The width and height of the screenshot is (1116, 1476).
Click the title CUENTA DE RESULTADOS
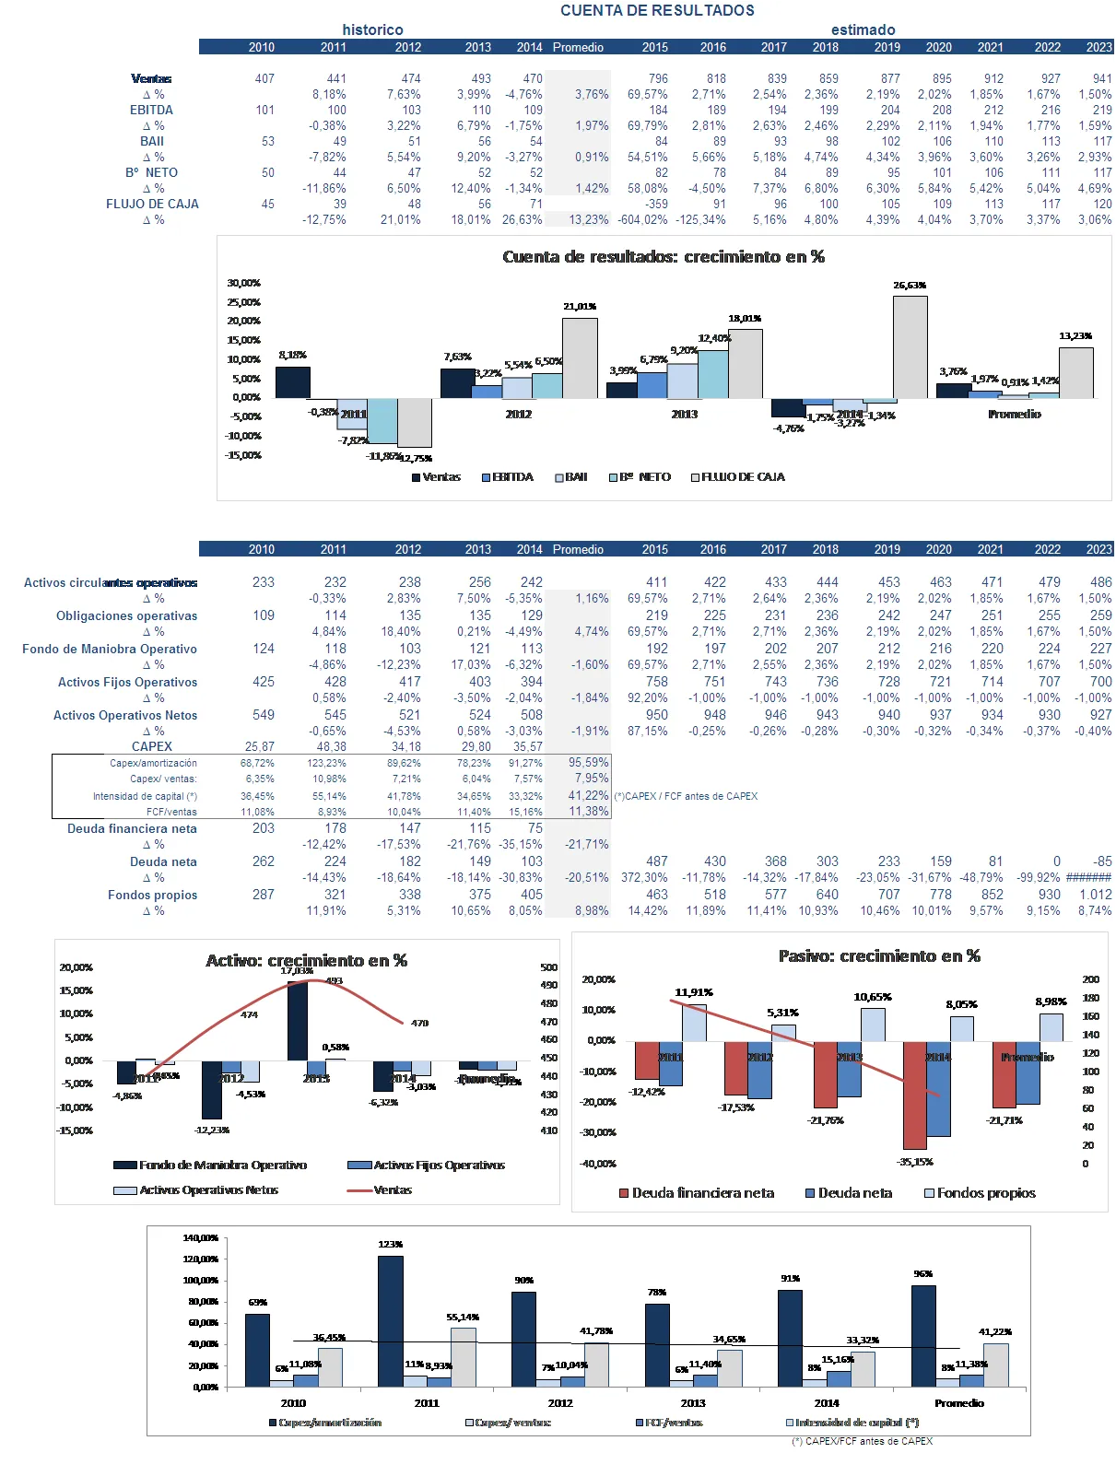coord(657,10)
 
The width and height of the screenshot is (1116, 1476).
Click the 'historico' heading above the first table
coord(372,29)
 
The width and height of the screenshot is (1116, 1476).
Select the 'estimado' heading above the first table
coord(863,29)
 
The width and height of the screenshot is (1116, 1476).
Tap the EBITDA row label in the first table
coord(151,110)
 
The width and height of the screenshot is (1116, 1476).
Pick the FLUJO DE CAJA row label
coord(152,204)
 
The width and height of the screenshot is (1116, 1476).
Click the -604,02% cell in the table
coord(642,219)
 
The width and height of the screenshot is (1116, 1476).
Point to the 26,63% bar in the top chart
coord(910,346)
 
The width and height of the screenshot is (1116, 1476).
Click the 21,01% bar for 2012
coord(580,357)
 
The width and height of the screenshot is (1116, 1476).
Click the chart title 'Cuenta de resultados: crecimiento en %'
coord(664,257)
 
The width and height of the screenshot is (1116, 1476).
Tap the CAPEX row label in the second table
coord(151,746)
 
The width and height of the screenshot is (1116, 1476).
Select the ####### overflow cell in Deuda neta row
coord(1088,877)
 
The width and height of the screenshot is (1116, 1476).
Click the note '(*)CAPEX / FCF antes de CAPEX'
coord(686,796)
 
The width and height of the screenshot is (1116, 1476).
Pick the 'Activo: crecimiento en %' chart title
coord(306,960)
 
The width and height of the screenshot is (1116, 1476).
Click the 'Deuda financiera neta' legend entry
coord(696,1193)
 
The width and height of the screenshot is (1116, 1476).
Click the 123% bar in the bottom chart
coord(390,1320)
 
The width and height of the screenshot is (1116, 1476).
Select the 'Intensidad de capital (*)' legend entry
coord(852,1423)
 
